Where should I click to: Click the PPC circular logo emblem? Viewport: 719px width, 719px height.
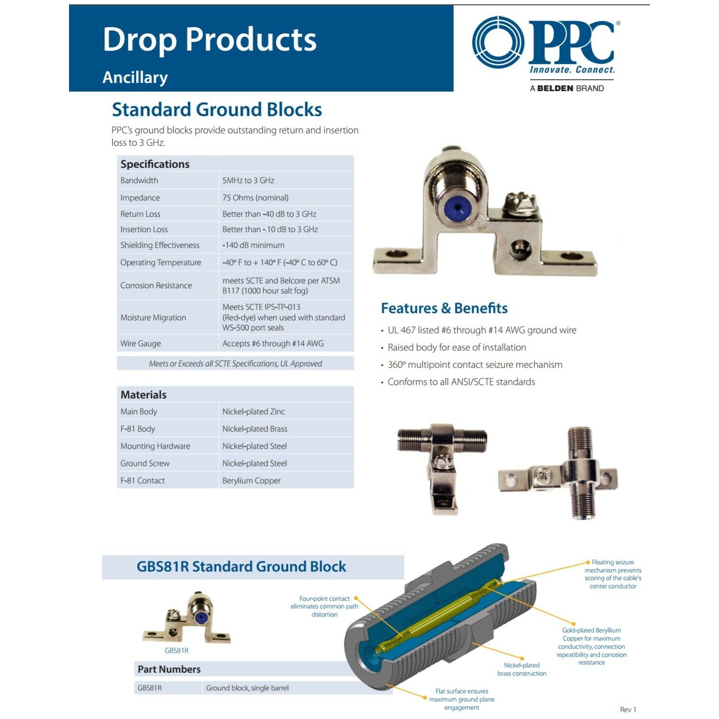[499, 42]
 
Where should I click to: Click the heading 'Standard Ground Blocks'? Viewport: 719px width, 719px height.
[217, 110]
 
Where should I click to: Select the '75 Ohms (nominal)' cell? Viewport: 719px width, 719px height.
[255, 197]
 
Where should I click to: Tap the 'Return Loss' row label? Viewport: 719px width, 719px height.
[140, 214]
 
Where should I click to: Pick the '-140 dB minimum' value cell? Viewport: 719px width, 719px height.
[254, 245]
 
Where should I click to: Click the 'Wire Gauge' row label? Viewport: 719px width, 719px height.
[140, 343]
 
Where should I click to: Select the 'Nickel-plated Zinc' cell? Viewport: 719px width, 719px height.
[254, 411]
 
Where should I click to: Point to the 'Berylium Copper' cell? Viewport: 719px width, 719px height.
[252, 480]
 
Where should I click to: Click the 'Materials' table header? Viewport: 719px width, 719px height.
[143, 394]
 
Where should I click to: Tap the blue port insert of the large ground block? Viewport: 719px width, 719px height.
[457, 209]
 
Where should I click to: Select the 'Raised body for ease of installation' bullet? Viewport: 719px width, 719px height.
[457, 348]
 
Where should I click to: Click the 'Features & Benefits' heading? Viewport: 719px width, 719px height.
[444, 308]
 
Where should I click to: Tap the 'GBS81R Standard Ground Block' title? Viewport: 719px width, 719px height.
[241, 567]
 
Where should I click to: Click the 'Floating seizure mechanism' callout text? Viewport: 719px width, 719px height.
[613, 574]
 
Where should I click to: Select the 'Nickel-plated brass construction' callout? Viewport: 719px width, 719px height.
[522, 669]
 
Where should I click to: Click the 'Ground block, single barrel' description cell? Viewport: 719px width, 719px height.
[247, 688]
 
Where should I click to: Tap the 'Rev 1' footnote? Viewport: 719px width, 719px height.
[628, 709]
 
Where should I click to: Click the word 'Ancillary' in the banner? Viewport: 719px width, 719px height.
[135, 78]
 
